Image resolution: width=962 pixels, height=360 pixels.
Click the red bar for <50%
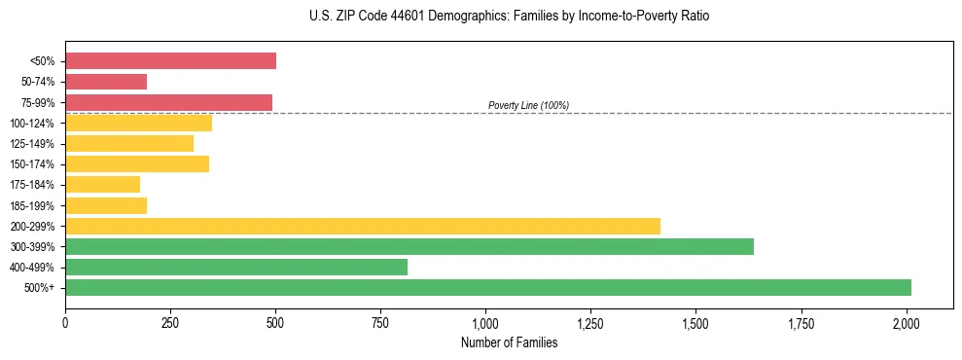tap(170, 61)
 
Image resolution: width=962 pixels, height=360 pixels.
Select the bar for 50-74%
tap(106, 82)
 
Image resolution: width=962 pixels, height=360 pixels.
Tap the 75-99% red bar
tap(168, 102)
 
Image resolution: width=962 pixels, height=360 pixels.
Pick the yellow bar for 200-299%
tap(363, 226)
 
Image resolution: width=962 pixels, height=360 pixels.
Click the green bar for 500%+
tap(488, 287)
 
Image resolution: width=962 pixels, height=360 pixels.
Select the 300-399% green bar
tap(410, 246)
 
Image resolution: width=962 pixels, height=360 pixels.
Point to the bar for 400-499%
tap(236, 267)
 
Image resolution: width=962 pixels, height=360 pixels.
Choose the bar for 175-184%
tap(102, 185)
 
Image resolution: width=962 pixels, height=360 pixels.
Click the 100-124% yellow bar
tap(138, 123)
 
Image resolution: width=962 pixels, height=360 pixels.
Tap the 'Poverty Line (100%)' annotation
tap(528, 105)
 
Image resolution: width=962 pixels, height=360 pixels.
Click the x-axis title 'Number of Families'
tap(509, 342)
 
